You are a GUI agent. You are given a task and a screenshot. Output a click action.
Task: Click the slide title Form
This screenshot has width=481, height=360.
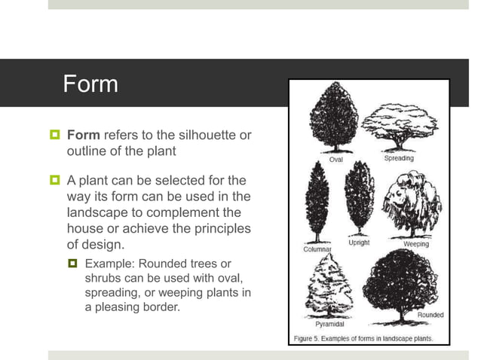click(x=90, y=83)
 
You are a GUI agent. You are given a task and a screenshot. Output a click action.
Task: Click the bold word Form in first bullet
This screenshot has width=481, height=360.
click(x=83, y=136)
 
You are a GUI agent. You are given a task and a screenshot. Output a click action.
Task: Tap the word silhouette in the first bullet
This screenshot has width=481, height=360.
click(x=193, y=136)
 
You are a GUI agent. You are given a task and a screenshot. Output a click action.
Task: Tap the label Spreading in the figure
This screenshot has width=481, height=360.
click(x=399, y=158)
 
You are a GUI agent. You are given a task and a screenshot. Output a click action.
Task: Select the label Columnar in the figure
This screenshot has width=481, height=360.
click(x=317, y=249)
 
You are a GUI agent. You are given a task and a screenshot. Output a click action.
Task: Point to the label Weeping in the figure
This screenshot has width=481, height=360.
click(x=416, y=245)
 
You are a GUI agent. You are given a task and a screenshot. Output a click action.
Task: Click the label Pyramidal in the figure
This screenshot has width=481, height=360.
click(x=329, y=325)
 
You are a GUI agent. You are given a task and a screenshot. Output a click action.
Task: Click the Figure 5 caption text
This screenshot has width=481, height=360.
click(x=363, y=338)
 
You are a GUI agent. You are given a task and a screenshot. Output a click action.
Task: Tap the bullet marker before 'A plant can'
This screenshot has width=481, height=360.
click(x=54, y=181)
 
